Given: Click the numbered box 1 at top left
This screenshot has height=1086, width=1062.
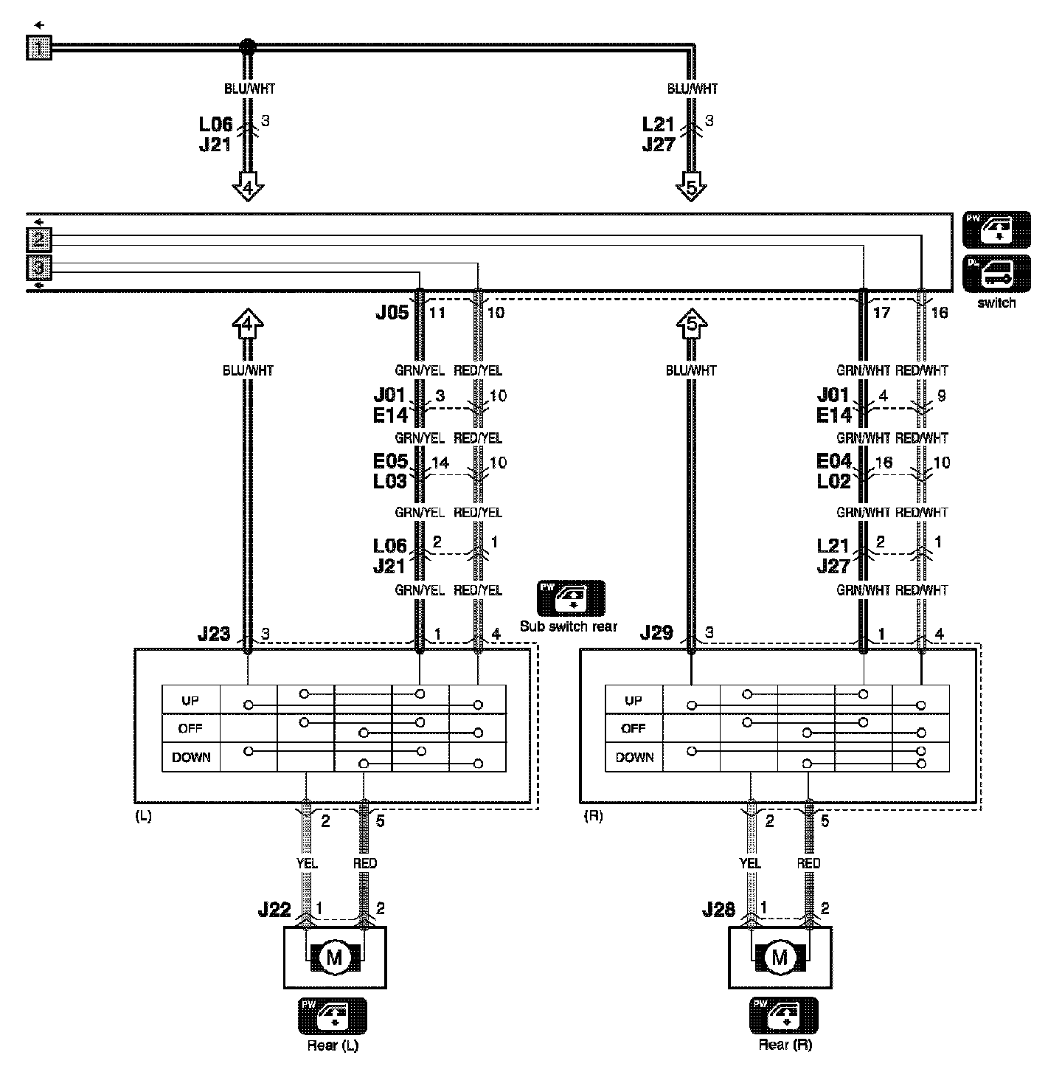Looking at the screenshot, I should click(x=39, y=48).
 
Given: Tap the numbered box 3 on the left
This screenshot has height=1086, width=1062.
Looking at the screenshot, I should click(x=39, y=267).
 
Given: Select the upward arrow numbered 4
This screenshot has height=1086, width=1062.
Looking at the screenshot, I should click(x=248, y=324).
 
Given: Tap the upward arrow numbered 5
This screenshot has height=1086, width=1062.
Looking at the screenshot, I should click(x=691, y=324).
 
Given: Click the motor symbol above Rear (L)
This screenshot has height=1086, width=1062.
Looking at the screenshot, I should click(x=335, y=958).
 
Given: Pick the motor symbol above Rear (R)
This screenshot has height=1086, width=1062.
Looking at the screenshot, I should click(x=780, y=958).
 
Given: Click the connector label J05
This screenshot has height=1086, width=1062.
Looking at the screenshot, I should click(x=392, y=313).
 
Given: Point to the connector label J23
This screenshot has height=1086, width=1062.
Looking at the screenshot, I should click(x=214, y=634).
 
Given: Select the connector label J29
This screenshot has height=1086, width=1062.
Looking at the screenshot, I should click(x=656, y=633).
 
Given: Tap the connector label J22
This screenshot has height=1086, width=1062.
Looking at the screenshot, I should click(x=274, y=910).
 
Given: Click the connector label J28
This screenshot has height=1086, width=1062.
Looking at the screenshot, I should click(x=718, y=910).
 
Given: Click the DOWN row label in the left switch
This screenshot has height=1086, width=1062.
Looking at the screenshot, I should click(x=191, y=758).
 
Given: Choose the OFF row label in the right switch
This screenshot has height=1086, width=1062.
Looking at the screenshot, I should click(x=634, y=729).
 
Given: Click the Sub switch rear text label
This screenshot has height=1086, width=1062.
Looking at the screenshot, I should click(x=568, y=626).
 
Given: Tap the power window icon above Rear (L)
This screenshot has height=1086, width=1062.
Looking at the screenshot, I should click(x=332, y=1017).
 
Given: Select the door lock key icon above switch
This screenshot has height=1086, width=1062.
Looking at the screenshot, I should click(x=996, y=274).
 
